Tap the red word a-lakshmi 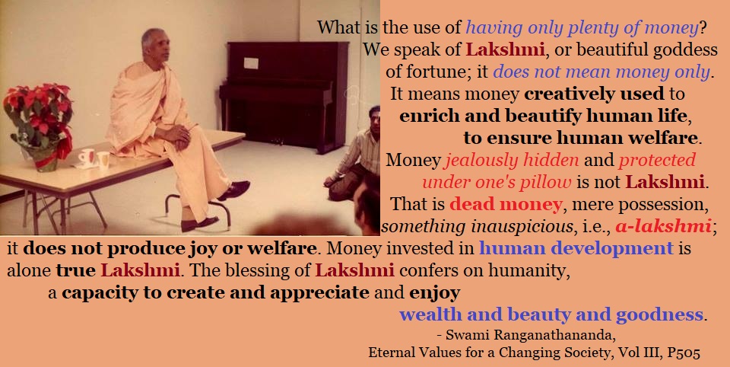pos(663,226)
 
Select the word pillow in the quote pos(547,182)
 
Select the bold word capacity pos(94,293)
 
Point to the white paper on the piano pos(250,63)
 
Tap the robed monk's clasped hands pos(177,136)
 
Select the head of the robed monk pos(155,45)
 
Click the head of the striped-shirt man pos(374,119)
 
